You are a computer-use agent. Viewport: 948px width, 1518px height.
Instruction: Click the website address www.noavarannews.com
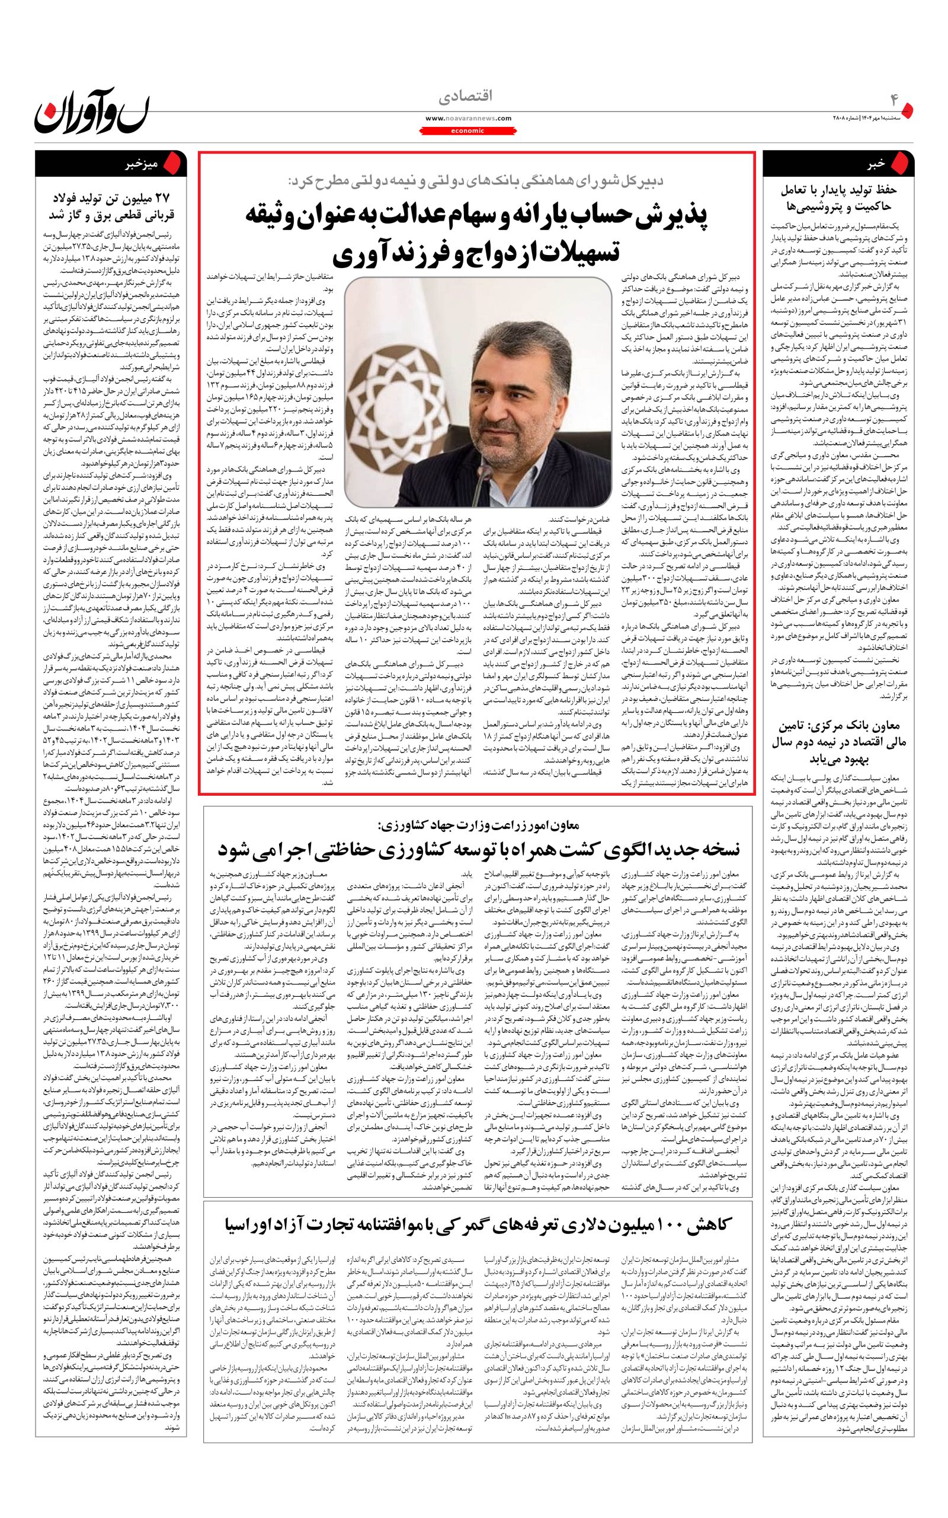click(x=468, y=118)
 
